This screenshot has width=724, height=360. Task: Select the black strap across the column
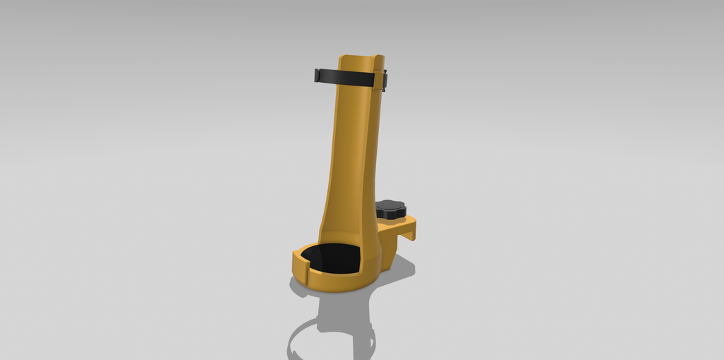click(350, 76)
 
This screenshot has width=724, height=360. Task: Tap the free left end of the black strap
click(318, 74)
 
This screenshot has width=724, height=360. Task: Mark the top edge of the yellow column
click(360, 57)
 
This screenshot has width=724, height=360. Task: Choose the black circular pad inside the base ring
click(332, 258)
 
